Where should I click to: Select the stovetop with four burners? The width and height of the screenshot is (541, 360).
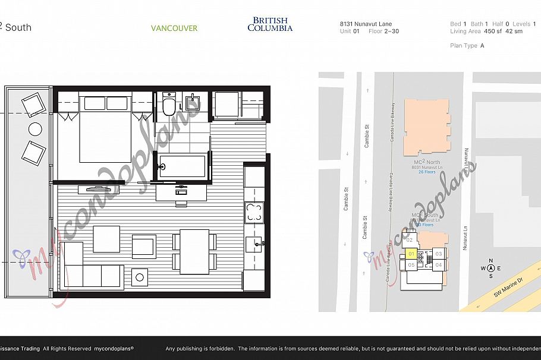coord(254,213)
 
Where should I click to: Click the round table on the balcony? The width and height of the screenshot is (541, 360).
coord(35,129)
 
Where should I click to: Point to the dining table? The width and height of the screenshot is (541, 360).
coord(194,251)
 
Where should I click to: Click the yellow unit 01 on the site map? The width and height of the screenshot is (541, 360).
coord(410,254)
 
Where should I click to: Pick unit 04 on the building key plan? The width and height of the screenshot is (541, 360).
coord(438,265)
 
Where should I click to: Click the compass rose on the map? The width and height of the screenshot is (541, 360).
coord(490,269)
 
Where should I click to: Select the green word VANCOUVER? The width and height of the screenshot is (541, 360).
coord(174,28)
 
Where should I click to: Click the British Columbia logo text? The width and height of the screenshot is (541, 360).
coord(270,24)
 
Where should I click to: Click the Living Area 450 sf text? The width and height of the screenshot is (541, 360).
coord(486,31)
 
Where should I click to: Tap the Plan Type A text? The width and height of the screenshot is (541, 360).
coord(467,46)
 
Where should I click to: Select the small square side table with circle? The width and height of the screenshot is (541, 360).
coord(140,276)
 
